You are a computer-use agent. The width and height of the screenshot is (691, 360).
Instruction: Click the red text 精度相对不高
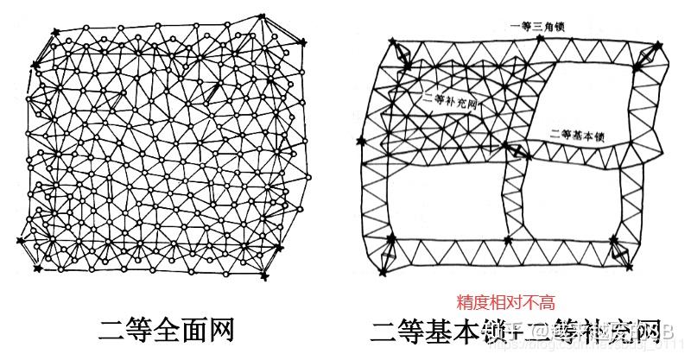[x=505, y=303]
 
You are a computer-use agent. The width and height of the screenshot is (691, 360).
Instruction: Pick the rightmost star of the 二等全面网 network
[x=302, y=41]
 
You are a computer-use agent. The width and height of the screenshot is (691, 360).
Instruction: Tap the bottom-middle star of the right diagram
[x=507, y=239]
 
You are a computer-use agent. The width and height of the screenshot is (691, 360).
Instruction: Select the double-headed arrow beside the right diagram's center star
[x=516, y=152]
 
